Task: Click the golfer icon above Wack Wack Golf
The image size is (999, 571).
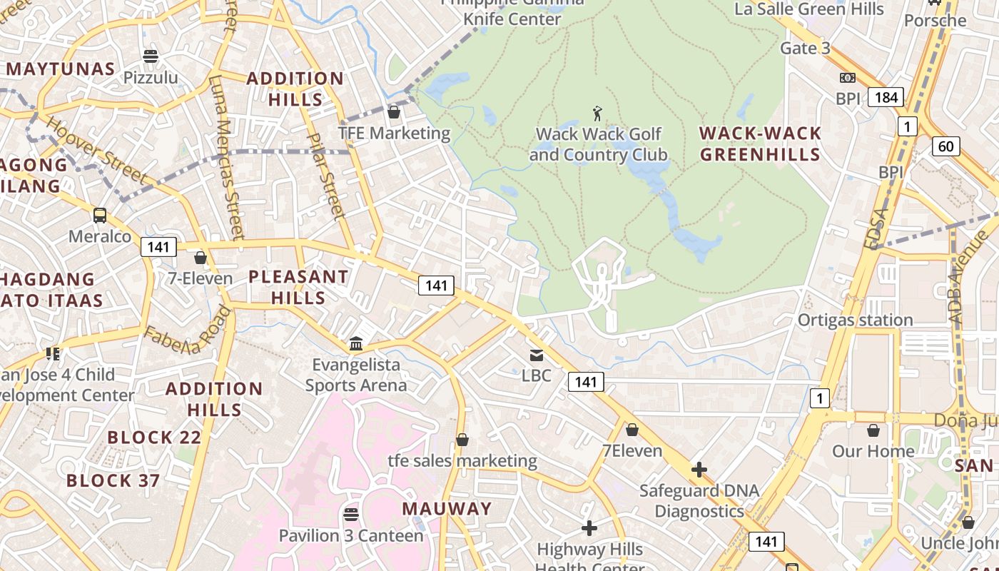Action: click(x=597, y=113)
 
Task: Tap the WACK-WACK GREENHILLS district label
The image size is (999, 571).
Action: click(x=760, y=143)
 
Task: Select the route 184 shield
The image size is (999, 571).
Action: click(x=886, y=97)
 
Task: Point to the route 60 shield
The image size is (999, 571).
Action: click(x=945, y=146)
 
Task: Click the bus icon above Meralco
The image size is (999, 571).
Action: click(x=100, y=215)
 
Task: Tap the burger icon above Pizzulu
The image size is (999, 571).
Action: click(x=151, y=56)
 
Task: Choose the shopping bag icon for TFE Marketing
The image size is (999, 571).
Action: click(x=393, y=111)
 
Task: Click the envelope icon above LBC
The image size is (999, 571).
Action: click(x=536, y=355)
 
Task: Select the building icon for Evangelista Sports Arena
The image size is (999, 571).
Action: click(x=356, y=344)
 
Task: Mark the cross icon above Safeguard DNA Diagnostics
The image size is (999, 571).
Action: click(x=699, y=470)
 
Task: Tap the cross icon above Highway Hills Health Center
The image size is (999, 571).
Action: click(x=589, y=528)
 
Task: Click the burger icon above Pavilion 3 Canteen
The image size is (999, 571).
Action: click(x=350, y=514)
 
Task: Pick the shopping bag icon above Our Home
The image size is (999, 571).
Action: click(x=873, y=430)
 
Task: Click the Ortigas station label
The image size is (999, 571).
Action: click(x=855, y=320)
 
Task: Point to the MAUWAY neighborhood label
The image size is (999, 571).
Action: click(x=447, y=509)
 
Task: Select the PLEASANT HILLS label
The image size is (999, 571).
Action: click(x=298, y=286)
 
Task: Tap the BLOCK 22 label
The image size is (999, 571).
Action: click(x=154, y=438)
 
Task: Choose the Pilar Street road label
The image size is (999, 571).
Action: click(x=325, y=176)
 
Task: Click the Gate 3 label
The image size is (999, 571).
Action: click(x=805, y=49)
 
